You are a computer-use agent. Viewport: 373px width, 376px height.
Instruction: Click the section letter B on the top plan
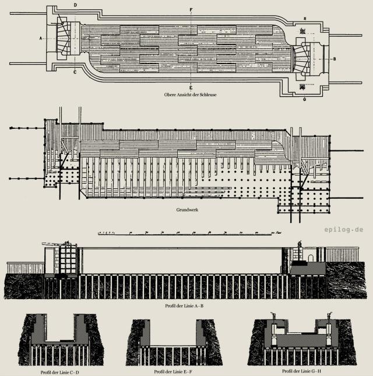tap(334, 59)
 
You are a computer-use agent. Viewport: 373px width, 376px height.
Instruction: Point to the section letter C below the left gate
tap(75, 73)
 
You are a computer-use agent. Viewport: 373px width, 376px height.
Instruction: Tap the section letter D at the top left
tap(75, 5)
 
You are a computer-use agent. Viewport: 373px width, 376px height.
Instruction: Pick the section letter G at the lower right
tap(305, 100)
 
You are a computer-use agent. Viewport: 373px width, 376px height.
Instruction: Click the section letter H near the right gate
tap(305, 19)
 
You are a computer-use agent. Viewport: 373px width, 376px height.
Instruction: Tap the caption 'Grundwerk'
tap(187, 209)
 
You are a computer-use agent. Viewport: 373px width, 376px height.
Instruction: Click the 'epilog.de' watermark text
tap(344, 230)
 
